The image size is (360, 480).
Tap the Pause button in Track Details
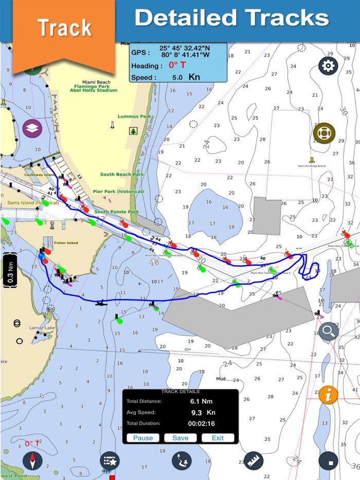[143, 438]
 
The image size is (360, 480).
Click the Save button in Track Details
[181, 438]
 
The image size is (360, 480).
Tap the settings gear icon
[328, 66]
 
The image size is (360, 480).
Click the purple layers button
[32, 128]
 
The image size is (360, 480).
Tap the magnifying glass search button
[329, 332]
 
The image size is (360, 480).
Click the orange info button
[329, 395]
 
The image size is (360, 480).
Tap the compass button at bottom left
[32, 460]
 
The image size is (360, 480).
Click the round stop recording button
[329, 460]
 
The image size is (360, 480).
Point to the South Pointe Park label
[116, 212]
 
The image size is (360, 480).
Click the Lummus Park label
[134, 117]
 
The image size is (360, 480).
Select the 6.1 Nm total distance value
[202, 401]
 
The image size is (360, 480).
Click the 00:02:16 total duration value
[202, 423]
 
